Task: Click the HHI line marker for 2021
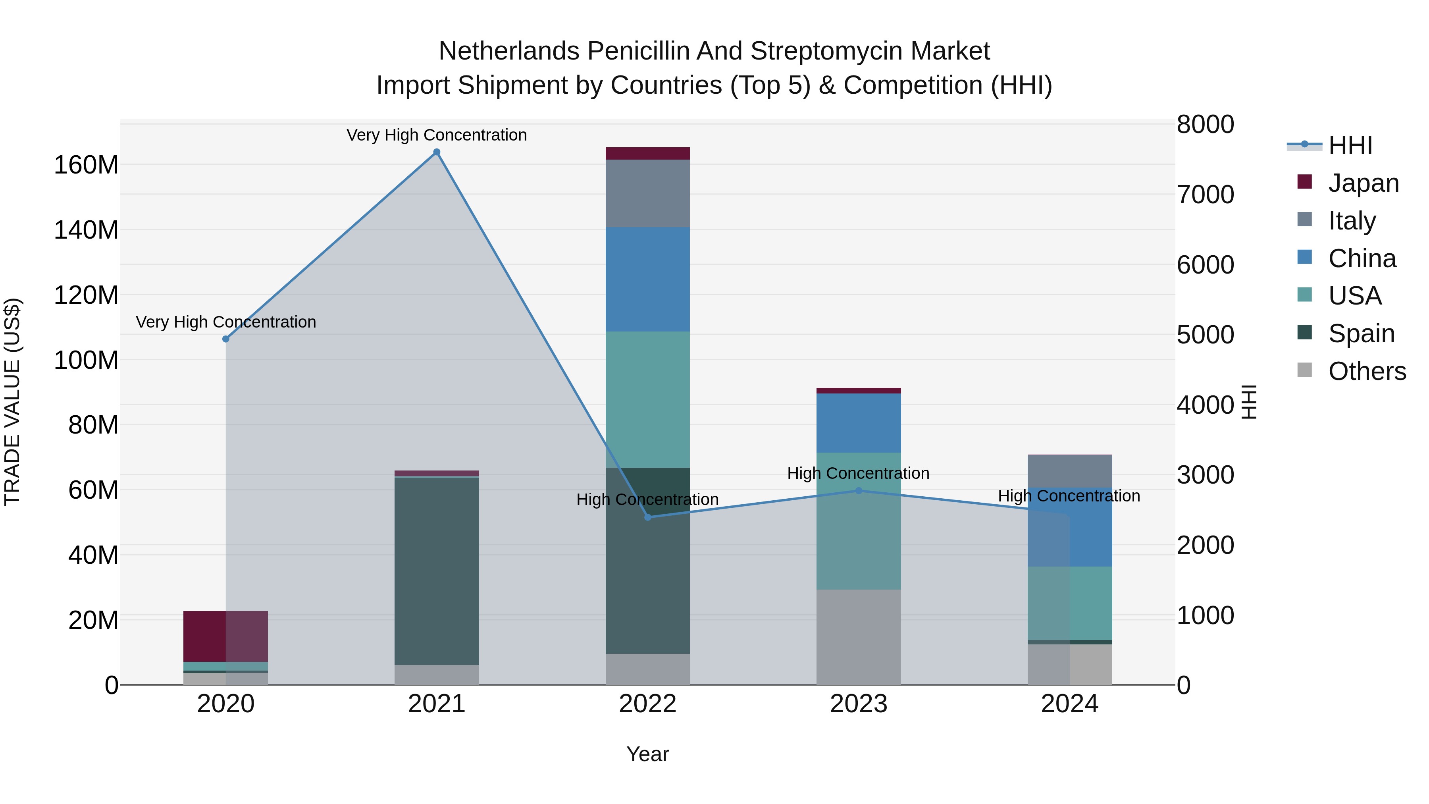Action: tap(437, 152)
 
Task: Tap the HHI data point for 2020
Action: tap(226, 339)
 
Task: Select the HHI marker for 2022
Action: tap(647, 517)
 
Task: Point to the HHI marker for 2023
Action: tap(859, 490)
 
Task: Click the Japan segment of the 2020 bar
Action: tap(226, 636)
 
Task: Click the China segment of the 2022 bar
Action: tap(647, 279)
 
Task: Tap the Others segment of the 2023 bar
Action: tap(859, 637)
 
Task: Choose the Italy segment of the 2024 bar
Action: tap(1069, 471)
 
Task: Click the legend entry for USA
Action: tap(1354, 296)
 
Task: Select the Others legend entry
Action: tap(1366, 371)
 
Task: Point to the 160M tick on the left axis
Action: tap(86, 165)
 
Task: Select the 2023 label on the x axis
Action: tap(859, 704)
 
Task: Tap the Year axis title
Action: tap(647, 754)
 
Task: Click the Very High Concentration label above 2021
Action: tap(437, 135)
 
